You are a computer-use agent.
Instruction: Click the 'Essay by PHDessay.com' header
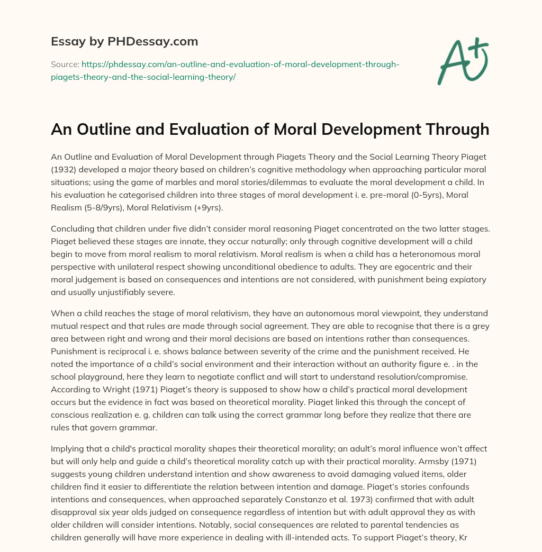click(124, 41)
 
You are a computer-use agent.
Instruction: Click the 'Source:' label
click(65, 64)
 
